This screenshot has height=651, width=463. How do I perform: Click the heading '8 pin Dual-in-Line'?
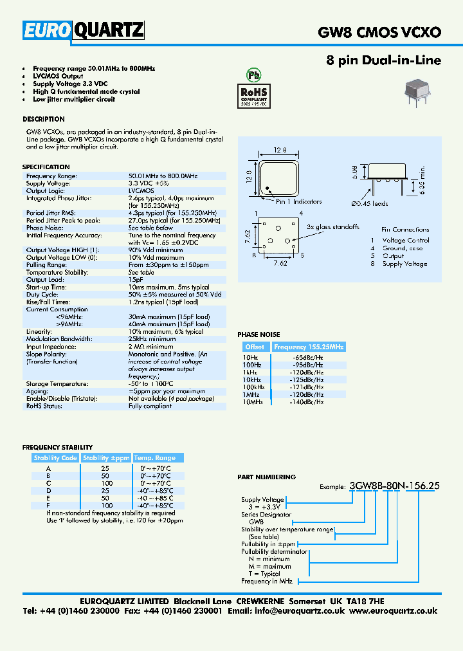pos(385,61)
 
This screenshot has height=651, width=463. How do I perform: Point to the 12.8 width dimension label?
pos(279,150)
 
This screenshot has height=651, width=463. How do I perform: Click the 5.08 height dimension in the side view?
pos(354,172)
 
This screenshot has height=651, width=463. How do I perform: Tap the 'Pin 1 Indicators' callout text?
pos(299,201)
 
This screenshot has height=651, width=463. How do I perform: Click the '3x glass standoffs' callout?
pos(332,226)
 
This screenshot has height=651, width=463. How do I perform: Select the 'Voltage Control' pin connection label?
pos(406,240)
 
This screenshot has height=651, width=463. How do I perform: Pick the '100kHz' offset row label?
pos(253,387)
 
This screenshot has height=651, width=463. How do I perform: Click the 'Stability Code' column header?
pos(55,458)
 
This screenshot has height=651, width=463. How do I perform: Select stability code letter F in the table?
pos(48,506)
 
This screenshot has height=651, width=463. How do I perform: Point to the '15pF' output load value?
pos(136,280)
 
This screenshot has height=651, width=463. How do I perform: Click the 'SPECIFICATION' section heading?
pos(46,167)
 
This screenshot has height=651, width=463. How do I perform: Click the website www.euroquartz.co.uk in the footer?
pos(395,611)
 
